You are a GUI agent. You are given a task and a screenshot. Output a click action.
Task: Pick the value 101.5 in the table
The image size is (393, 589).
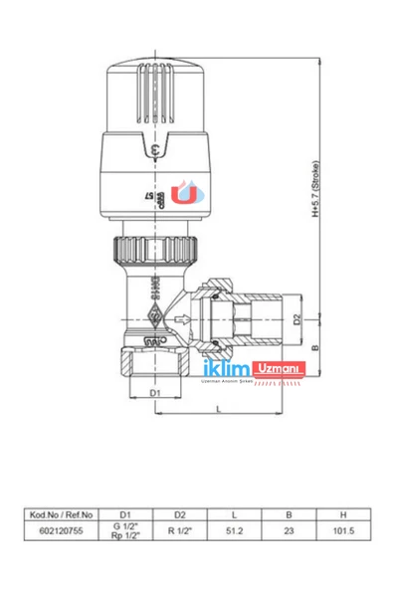point(342,532)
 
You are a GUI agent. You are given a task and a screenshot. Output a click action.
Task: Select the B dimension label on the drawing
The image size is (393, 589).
point(315,348)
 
